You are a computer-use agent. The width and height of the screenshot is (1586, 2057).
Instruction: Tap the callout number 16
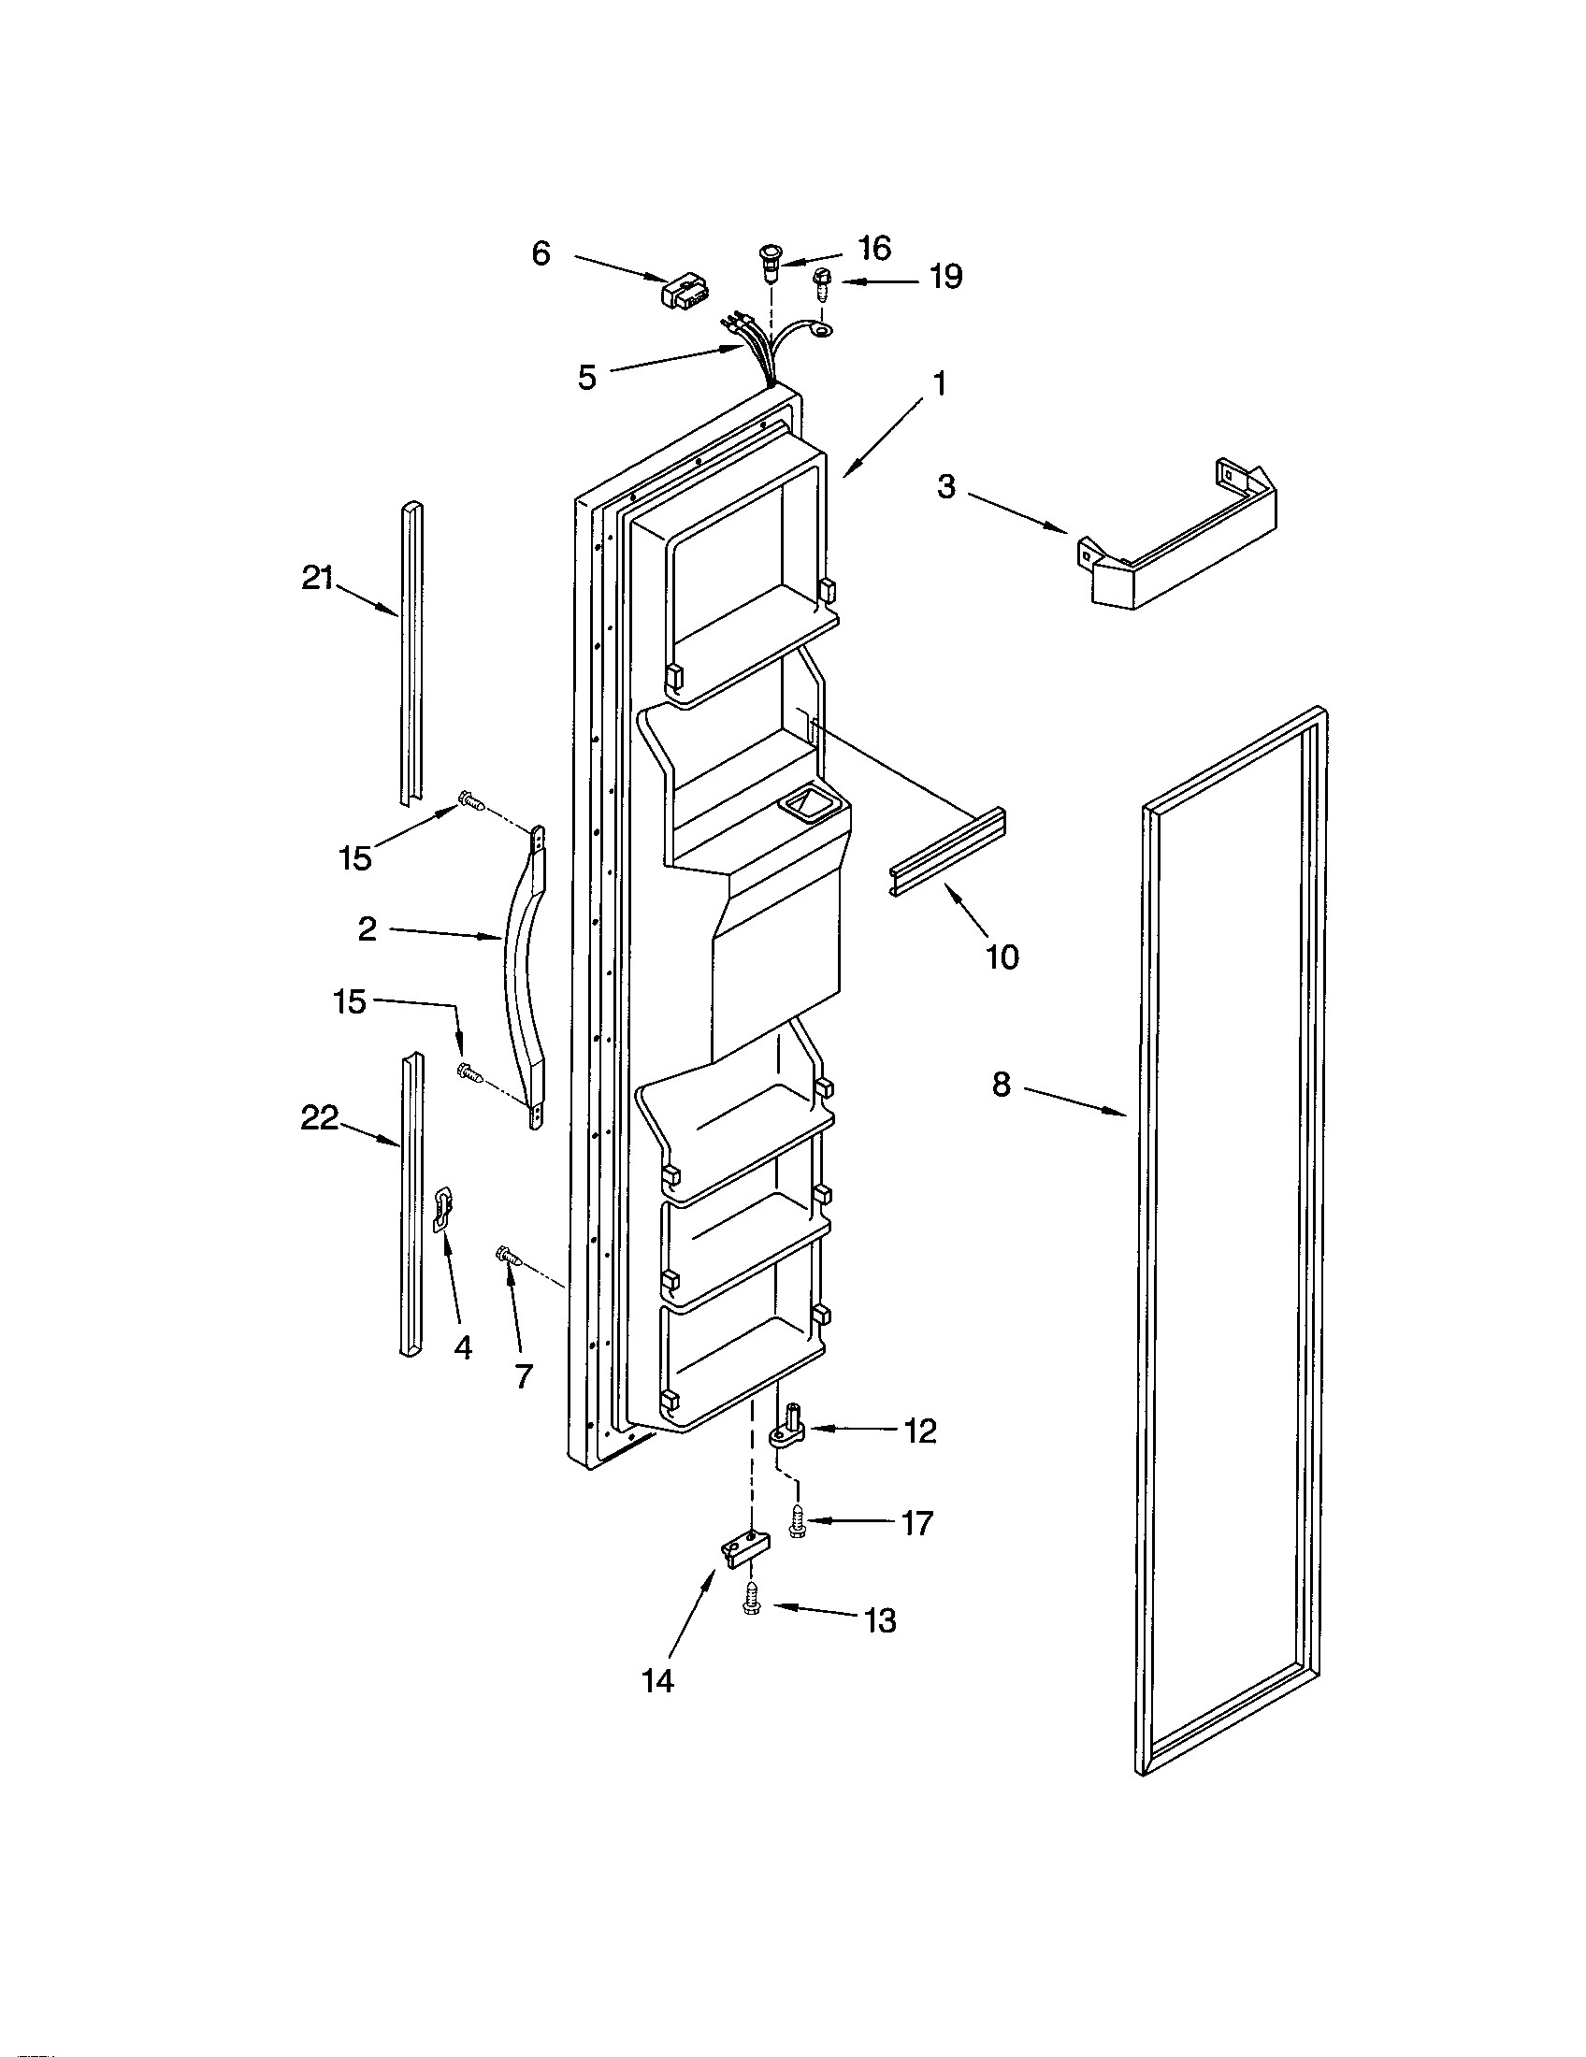pos(874,248)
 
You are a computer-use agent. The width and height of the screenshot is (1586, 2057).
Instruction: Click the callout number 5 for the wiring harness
pos(586,378)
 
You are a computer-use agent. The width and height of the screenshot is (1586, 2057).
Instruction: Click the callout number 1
pos(939,385)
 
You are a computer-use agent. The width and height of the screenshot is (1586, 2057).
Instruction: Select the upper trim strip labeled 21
pos(410,650)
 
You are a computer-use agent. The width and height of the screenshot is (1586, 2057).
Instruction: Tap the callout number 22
pos(319,1118)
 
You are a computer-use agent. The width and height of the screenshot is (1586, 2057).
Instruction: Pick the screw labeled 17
pos(798,1520)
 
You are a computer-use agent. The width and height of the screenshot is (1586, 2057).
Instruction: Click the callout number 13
pos(880,1621)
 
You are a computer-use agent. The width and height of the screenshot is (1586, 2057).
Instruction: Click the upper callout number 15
pos(355,858)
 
